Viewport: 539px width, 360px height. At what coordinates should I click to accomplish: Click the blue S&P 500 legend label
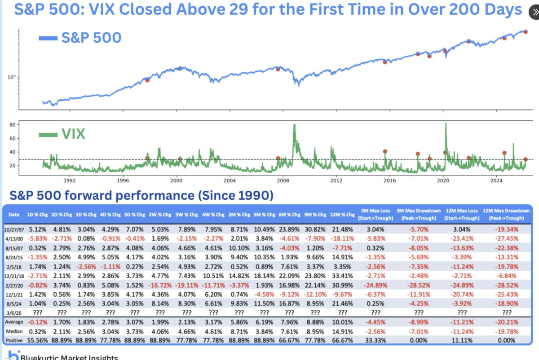91,37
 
